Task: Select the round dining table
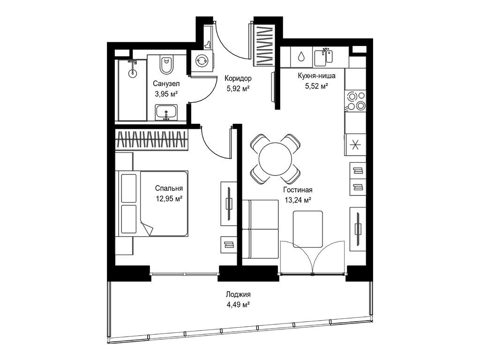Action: pos(275,159)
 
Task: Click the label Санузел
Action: pos(166,83)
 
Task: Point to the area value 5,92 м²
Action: pos(238,89)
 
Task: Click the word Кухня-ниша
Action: pos(316,75)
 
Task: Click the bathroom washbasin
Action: pos(166,112)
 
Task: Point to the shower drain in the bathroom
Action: pos(132,73)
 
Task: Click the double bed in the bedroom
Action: pos(153,203)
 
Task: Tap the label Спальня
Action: pos(169,188)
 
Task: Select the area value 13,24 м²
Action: pos(298,201)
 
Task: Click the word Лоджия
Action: pos(238,294)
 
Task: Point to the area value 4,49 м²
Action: pos(238,305)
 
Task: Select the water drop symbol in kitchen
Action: pos(301,56)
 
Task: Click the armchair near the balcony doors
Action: pos(307,229)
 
